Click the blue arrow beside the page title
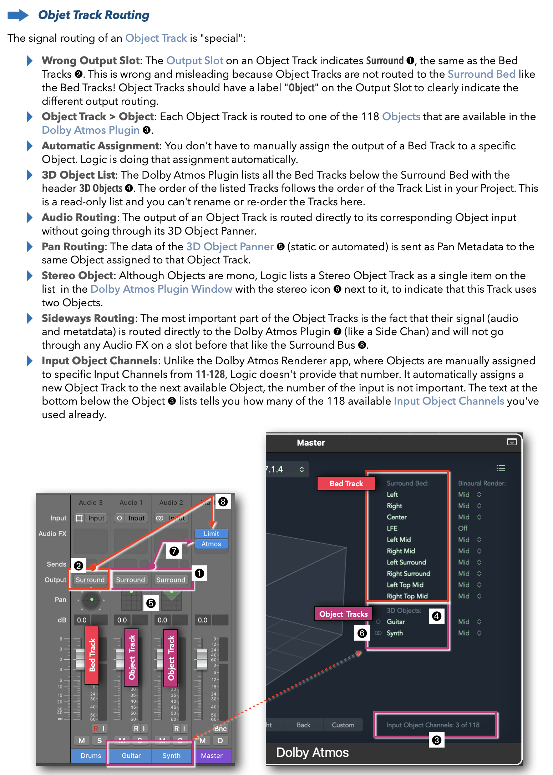[18, 15]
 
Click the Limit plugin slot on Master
[211, 533]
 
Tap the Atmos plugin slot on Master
[211, 544]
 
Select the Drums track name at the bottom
[91, 755]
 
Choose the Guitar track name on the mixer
[131, 755]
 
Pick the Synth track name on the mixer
[171, 755]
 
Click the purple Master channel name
[212, 755]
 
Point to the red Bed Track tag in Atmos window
[346, 483]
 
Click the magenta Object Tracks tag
[343, 614]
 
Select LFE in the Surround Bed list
[392, 528]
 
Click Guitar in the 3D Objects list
[396, 622]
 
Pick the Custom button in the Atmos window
[343, 725]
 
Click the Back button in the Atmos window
[304, 725]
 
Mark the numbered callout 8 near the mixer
[223, 502]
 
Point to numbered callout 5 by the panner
[151, 603]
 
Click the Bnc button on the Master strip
[220, 729]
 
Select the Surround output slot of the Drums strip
[90, 580]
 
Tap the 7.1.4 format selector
[285, 469]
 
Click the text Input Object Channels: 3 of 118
[433, 725]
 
